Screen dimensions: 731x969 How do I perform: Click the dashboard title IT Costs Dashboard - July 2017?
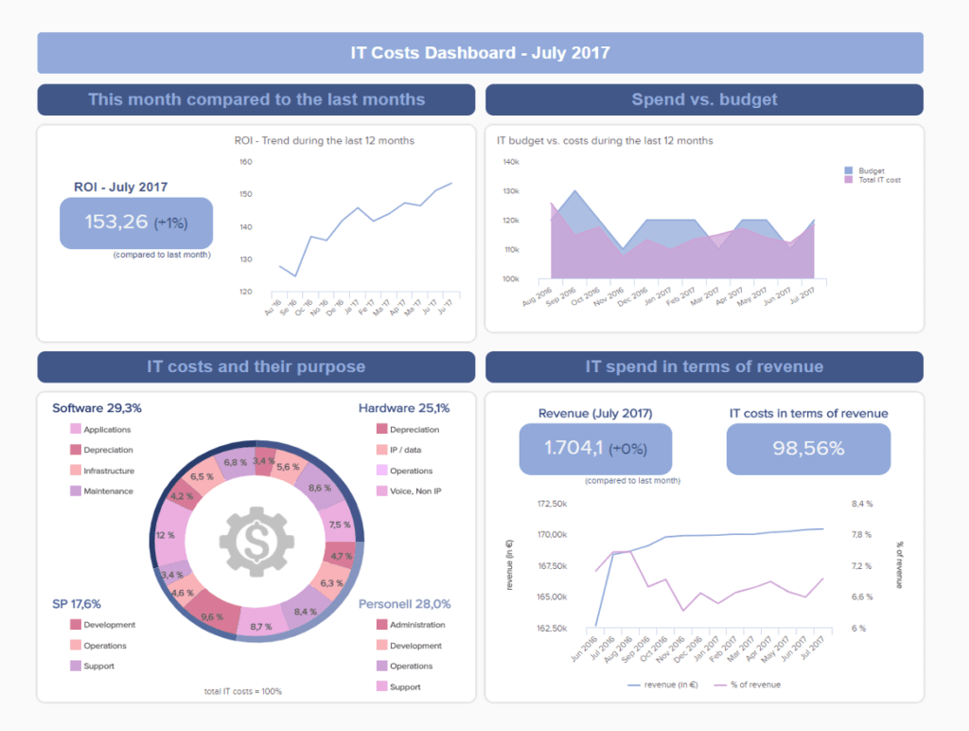[x=480, y=53]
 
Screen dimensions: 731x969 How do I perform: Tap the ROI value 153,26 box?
[x=136, y=223]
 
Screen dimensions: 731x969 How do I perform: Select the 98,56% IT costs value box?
[x=808, y=449]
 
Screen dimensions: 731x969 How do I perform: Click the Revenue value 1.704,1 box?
[x=595, y=449]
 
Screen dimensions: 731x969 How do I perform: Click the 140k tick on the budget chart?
[x=510, y=162]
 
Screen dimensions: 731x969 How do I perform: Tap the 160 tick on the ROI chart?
[x=245, y=162]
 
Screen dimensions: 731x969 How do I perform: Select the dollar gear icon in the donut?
[x=255, y=542]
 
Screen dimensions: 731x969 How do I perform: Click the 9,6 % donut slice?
[x=213, y=615]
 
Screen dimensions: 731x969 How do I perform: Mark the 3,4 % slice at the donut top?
[x=265, y=461]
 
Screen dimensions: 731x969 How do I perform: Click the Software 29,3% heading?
[x=97, y=408]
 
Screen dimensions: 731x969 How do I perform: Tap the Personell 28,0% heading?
[x=404, y=603]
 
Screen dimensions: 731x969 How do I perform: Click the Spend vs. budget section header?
[x=704, y=99]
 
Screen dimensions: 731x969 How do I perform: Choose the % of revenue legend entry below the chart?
[x=747, y=684]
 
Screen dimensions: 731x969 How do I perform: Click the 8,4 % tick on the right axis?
[x=861, y=503]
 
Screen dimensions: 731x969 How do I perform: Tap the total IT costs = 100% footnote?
[x=242, y=691]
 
